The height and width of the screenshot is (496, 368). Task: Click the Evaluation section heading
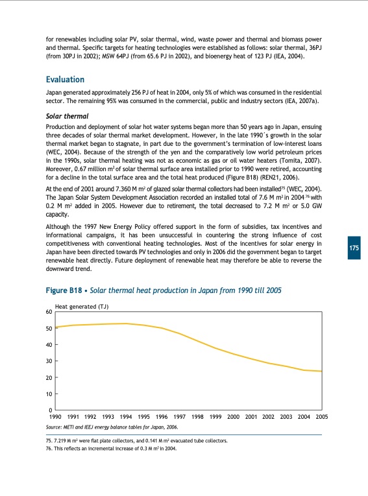(x=65, y=80)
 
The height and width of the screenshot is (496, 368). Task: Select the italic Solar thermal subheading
(x=67, y=115)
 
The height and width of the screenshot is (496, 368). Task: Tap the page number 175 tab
(x=354, y=249)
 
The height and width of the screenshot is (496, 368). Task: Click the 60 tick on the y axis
(x=49, y=312)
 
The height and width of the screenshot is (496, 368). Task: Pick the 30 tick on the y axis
(x=49, y=361)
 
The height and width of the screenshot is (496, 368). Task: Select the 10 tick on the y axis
(x=49, y=394)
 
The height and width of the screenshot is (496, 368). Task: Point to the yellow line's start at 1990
(x=56, y=327)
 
